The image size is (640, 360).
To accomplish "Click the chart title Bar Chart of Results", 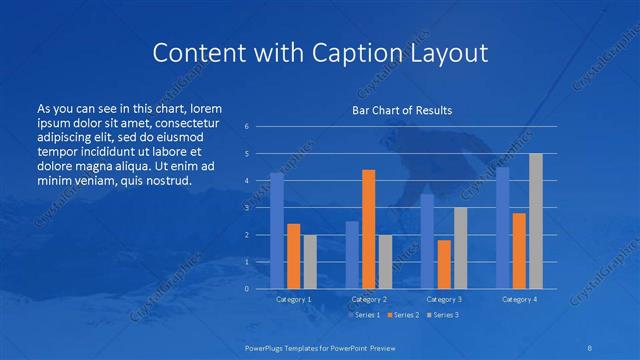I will (402, 110).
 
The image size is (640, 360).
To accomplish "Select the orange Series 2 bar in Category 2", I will (368, 229).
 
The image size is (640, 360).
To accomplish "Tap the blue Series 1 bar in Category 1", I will (277, 231).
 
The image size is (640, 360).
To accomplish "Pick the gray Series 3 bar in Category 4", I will (536, 221).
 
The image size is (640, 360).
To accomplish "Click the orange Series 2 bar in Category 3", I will (443, 264).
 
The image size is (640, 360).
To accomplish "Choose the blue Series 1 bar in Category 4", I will (503, 228).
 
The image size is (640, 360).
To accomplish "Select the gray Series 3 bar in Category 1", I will (310, 261).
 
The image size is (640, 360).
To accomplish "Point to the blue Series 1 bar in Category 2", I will (352, 255).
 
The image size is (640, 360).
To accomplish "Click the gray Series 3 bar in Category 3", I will (460, 248).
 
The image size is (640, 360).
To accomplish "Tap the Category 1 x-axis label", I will (293, 299).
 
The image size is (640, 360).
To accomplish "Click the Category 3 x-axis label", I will (443, 299).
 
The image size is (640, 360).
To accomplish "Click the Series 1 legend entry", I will (363, 315).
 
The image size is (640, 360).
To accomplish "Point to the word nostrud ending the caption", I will (165, 181).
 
